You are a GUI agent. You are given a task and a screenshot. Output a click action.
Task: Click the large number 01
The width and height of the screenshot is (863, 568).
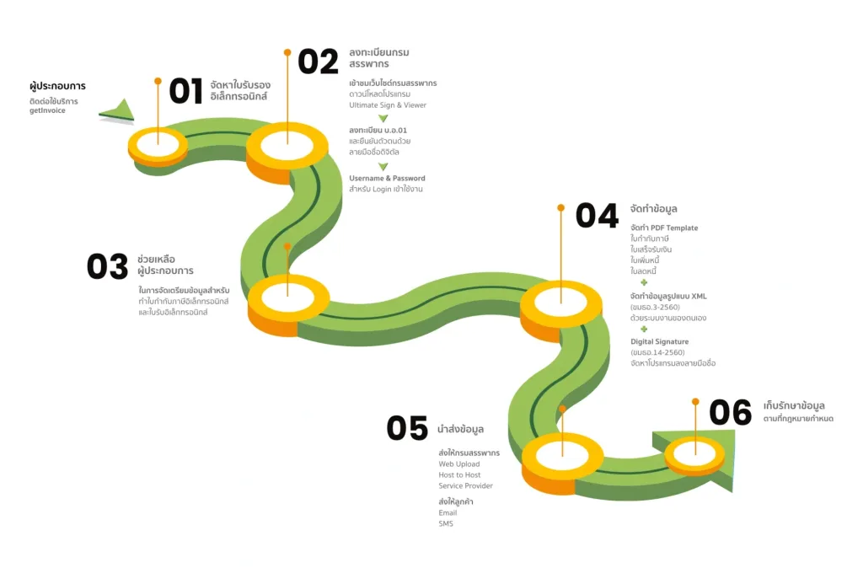[x=185, y=91]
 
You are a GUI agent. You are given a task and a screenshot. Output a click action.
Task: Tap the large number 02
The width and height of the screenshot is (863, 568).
[x=318, y=62]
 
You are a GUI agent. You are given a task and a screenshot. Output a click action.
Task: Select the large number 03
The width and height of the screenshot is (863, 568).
[x=107, y=266]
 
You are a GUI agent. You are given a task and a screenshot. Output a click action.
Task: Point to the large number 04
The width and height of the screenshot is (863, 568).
[x=597, y=216]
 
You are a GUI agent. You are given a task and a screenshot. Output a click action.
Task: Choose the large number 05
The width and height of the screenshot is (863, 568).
[x=407, y=428]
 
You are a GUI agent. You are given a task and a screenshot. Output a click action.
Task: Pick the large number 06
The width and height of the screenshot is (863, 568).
[x=730, y=412]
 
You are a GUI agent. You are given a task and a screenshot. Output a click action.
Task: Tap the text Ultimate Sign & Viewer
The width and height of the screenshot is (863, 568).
[x=388, y=105]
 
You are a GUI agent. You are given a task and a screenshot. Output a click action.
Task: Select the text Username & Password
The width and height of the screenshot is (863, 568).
[x=387, y=178]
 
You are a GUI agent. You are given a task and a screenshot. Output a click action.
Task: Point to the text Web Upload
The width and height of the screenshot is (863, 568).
[x=459, y=464]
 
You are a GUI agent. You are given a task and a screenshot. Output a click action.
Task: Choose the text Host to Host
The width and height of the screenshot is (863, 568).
[x=459, y=474]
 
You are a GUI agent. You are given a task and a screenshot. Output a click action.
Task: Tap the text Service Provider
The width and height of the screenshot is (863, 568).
[x=465, y=485]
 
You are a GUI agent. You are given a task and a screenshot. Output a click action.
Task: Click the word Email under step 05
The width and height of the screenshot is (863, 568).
[x=448, y=512]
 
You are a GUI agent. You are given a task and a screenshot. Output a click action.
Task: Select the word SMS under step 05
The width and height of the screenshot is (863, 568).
[x=446, y=523]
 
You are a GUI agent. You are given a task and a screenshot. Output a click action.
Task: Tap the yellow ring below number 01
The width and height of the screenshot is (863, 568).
[x=158, y=146]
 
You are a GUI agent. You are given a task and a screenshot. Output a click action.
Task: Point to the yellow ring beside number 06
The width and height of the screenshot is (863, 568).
[x=694, y=453]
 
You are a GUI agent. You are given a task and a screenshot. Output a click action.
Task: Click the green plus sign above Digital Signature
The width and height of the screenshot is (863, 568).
[x=644, y=329]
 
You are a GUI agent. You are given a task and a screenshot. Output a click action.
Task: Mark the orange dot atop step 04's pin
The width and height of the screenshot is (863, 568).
[x=560, y=206]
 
